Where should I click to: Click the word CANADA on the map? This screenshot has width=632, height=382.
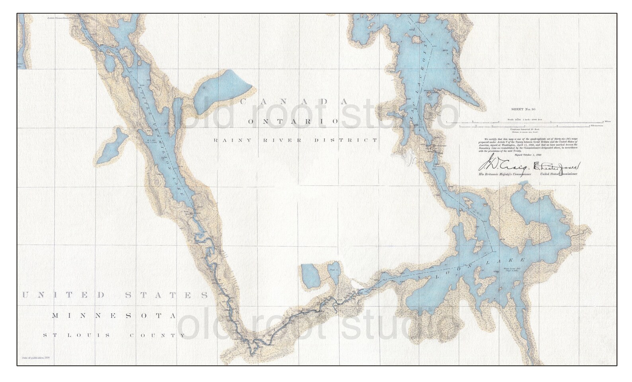coord(295,101)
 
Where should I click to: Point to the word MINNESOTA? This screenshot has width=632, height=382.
coord(114,316)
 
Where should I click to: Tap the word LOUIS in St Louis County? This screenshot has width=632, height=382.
coord(94,335)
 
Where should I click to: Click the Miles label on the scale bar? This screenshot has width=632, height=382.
coord(607,121)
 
